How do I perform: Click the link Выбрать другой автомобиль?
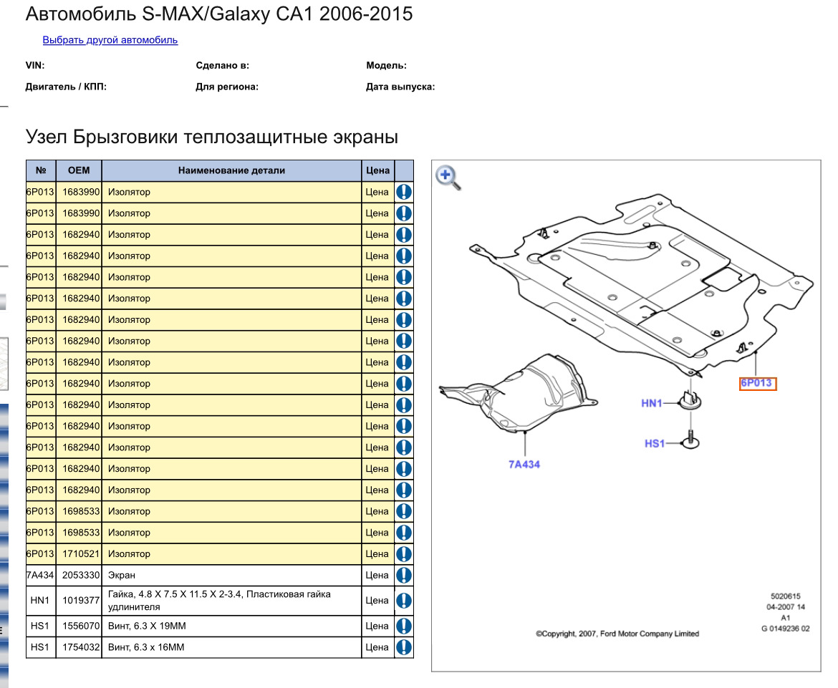[x=110, y=40]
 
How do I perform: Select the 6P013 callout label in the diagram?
[x=757, y=384]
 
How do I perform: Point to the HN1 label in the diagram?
[x=652, y=404]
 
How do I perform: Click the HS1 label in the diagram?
[x=655, y=444]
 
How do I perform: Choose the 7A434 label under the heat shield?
[x=524, y=465]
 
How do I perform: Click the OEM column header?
[x=79, y=170]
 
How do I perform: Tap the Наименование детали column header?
[x=231, y=170]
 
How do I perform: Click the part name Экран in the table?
[x=122, y=575]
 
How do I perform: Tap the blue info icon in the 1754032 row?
[x=404, y=647]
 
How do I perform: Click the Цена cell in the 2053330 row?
[x=377, y=575]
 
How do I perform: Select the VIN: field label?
[x=35, y=66]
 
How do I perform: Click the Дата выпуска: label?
[x=400, y=87]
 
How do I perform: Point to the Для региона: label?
[x=227, y=87]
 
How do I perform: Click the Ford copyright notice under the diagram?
[x=617, y=634]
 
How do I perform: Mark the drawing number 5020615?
[x=785, y=596]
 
